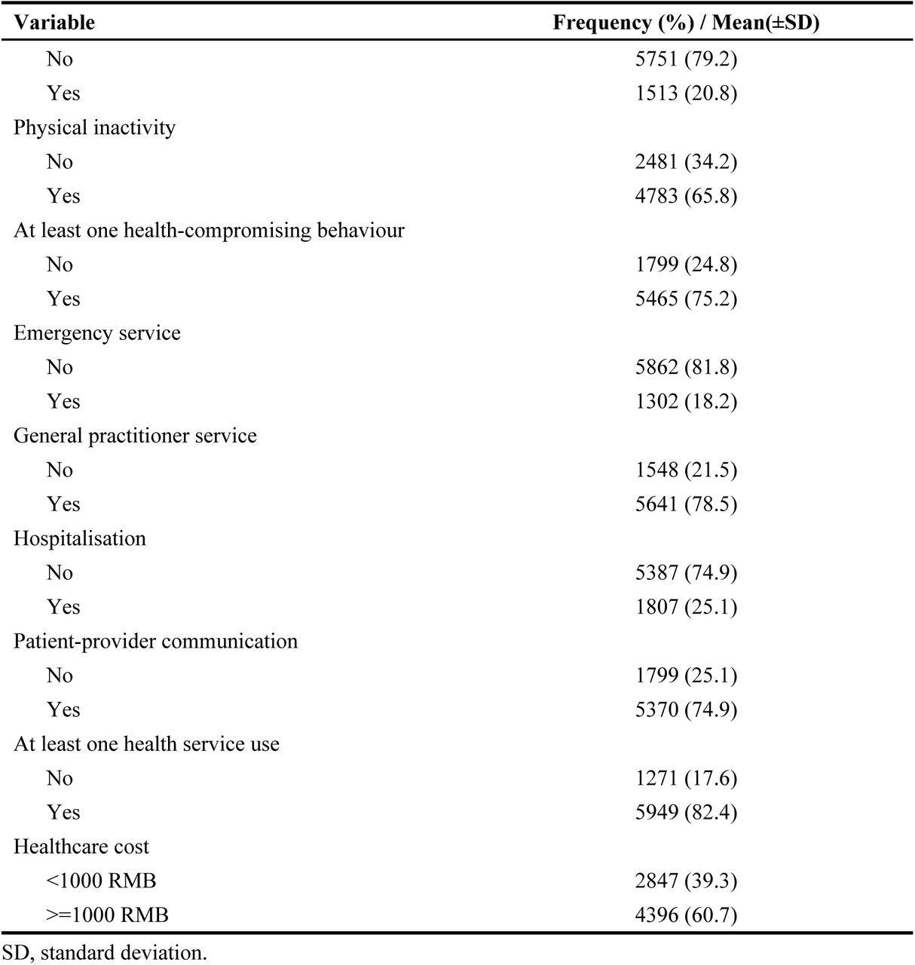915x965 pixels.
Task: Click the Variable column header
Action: point(54,23)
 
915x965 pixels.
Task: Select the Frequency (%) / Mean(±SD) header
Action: point(686,23)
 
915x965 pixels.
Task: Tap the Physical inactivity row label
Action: point(94,127)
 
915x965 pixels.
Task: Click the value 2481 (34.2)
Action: point(686,161)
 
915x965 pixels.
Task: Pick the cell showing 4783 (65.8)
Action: point(686,196)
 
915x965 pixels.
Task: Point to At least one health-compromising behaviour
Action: point(209,230)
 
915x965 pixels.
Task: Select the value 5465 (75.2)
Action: point(686,299)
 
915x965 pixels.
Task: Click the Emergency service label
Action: point(97,332)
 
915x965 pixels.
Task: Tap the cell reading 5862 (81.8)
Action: point(686,367)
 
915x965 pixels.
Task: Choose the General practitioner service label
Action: point(135,436)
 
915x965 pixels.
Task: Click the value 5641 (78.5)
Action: point(686,504)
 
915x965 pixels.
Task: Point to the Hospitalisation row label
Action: point(80,538)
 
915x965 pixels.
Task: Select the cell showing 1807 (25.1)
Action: point(686,607)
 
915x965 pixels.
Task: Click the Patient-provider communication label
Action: point(155,642)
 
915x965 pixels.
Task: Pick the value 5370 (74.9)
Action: point(686,709)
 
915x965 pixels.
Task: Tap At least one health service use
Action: point(146,744)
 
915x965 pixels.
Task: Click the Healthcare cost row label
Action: point(81,847)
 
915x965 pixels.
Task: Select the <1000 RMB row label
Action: point(101,881)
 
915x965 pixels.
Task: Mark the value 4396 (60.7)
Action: point(686,915)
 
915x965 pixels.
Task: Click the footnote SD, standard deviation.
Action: point(105,953)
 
